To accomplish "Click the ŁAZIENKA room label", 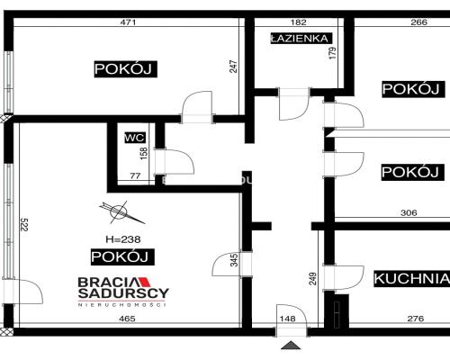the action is [301, 39].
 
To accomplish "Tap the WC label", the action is [135, 138].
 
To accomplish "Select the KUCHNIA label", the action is [412, 279].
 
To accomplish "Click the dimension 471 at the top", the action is [128, 22].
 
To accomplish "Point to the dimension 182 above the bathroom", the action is [299, 22].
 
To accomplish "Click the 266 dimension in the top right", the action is [418, 22].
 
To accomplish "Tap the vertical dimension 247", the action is [233, 67].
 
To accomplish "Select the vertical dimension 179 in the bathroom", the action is [333, 53].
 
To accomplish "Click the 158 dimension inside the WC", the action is [144, 153].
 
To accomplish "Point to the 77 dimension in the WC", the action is [135, 175].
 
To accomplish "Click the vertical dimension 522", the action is [24, 224].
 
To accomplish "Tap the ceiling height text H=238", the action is [123, 239].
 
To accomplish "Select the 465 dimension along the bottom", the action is [127, 319].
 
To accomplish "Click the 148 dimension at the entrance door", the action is [287, 319].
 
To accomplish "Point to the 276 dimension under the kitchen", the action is [416, 319].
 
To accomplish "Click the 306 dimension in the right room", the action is [409, 212].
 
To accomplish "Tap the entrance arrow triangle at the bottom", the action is [291, 346].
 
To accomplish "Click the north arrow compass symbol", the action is [121, 212].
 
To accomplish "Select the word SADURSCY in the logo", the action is [123, 293].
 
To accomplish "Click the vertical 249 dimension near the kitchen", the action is [313, 279].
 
